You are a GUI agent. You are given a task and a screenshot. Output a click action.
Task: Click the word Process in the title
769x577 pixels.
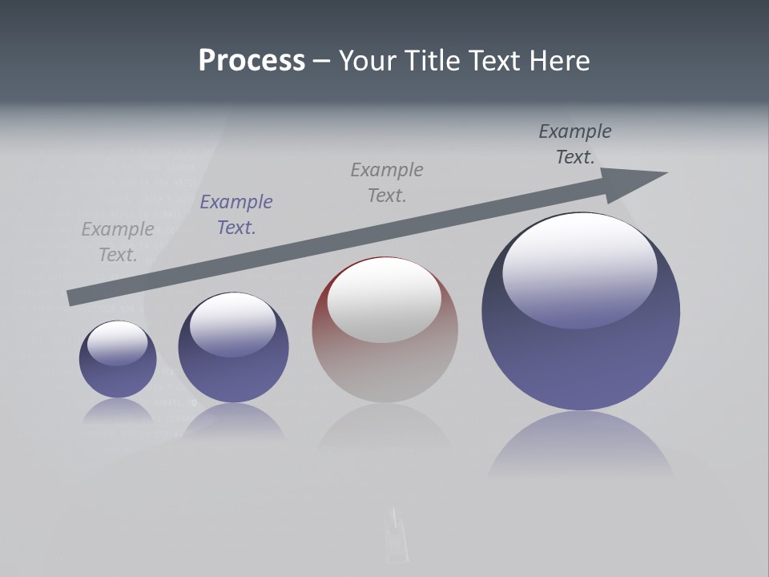pos(252,61)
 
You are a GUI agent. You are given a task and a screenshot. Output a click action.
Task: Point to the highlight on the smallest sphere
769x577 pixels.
pos(118,342)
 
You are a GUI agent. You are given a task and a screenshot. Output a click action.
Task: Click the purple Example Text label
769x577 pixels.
pos(236,215)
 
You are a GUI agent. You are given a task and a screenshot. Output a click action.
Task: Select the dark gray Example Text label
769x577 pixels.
pos(575,144)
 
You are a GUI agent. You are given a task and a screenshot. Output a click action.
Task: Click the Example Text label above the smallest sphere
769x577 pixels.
pos(118,242)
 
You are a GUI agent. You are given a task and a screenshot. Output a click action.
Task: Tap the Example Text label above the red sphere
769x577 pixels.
pos(387,183)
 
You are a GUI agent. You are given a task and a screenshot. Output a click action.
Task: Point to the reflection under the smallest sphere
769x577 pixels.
pos(118,410)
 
